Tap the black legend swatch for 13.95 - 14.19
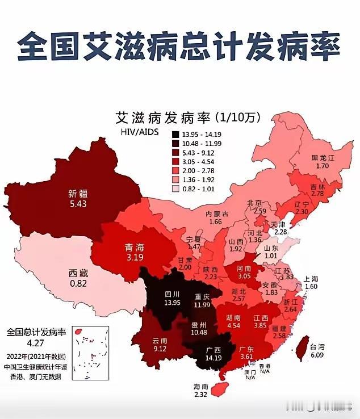click(176, 134)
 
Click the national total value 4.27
click(35, 342)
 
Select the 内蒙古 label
click(216, 213)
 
